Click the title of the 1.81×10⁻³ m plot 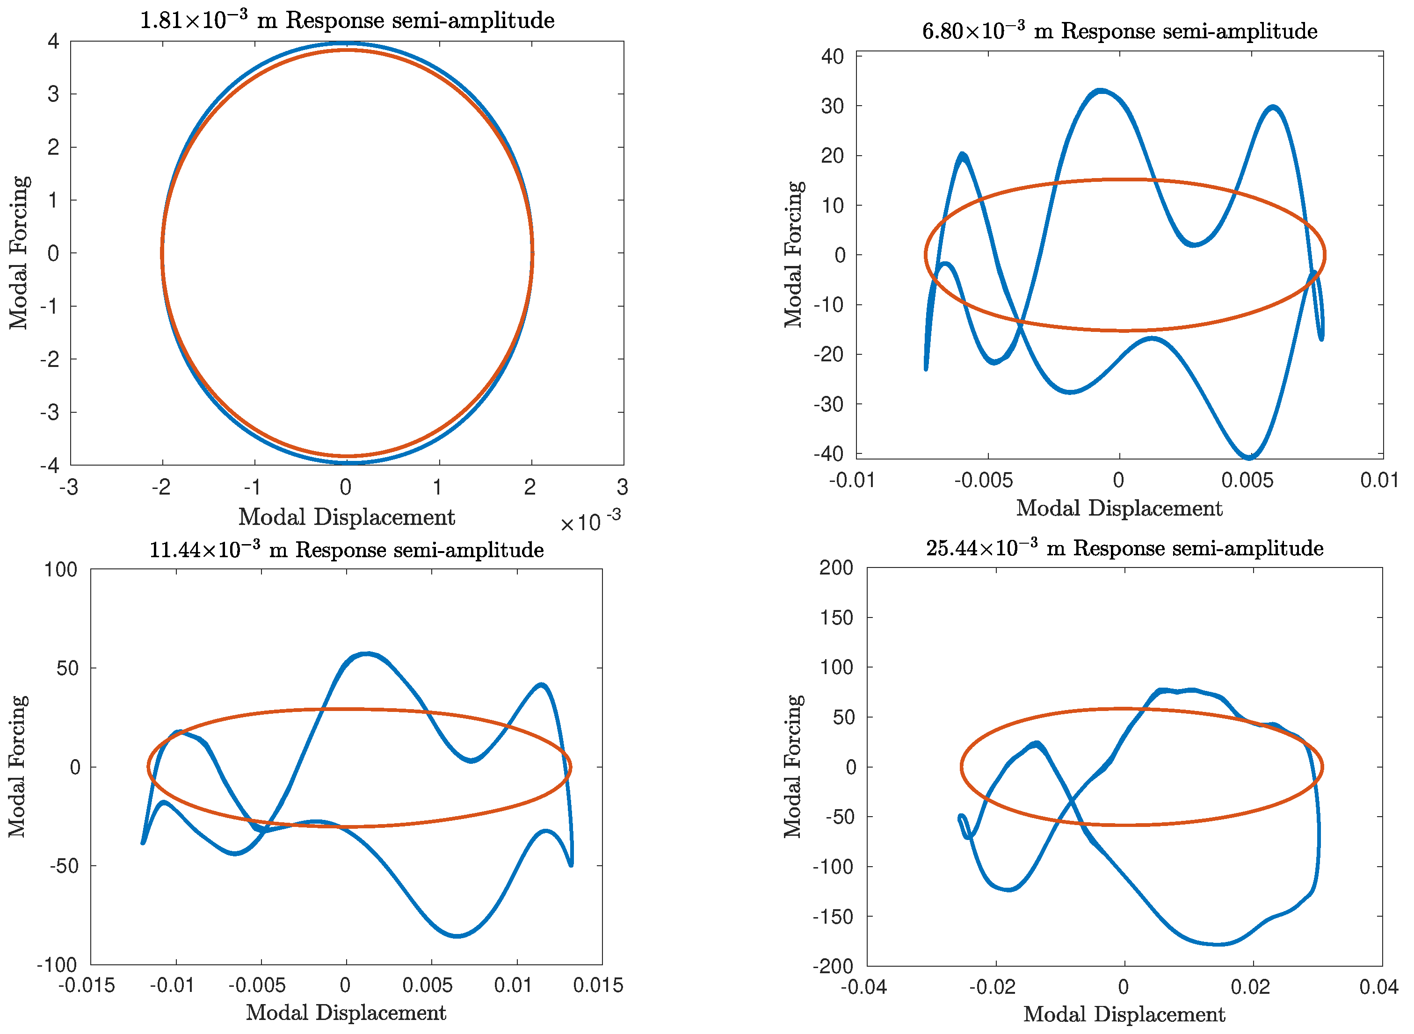347,21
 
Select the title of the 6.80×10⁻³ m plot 1120,31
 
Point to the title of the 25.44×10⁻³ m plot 1124,548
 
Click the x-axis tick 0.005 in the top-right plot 1247,480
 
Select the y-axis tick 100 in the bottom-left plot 60,569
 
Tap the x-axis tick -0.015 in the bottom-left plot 87,985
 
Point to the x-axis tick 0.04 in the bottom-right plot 1378,987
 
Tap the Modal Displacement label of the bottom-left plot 346,1012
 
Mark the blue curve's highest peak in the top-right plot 1100,91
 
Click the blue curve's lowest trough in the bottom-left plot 457,936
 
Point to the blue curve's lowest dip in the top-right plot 1249,457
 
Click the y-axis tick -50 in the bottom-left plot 64,866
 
